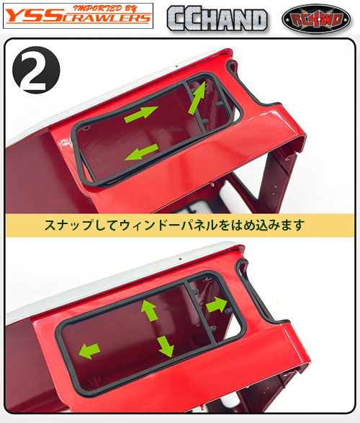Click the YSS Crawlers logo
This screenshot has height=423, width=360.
[78, 16]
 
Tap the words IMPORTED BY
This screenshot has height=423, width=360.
[108, 8]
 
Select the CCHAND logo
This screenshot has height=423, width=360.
[217, 18]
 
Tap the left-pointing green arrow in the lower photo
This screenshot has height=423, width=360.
[89, 351]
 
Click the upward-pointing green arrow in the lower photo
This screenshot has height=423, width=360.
[149, 310]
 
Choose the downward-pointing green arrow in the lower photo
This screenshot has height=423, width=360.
[165, 346]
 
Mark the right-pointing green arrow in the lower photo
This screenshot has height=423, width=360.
[217, 305]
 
